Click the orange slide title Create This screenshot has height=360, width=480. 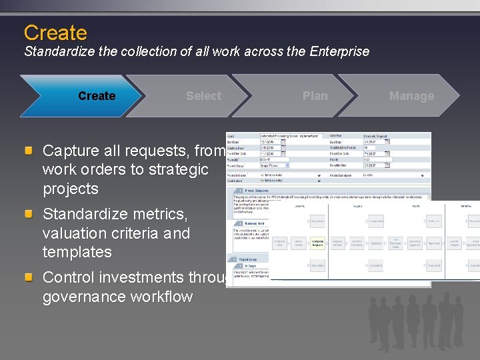[55, 33]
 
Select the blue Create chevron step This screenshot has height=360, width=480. [97, 96]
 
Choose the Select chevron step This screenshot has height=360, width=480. [203, 96]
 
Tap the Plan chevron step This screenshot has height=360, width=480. [315, 96]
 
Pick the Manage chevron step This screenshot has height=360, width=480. [411, 96]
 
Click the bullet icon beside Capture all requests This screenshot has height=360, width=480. [29, 151]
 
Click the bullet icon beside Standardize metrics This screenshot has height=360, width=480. [29, 215]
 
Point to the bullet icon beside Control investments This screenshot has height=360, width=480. [29, 277]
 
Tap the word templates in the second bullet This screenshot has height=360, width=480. [77, 252]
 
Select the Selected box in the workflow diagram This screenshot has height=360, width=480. [376, 243]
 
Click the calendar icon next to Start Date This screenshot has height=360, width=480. [283, 141]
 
